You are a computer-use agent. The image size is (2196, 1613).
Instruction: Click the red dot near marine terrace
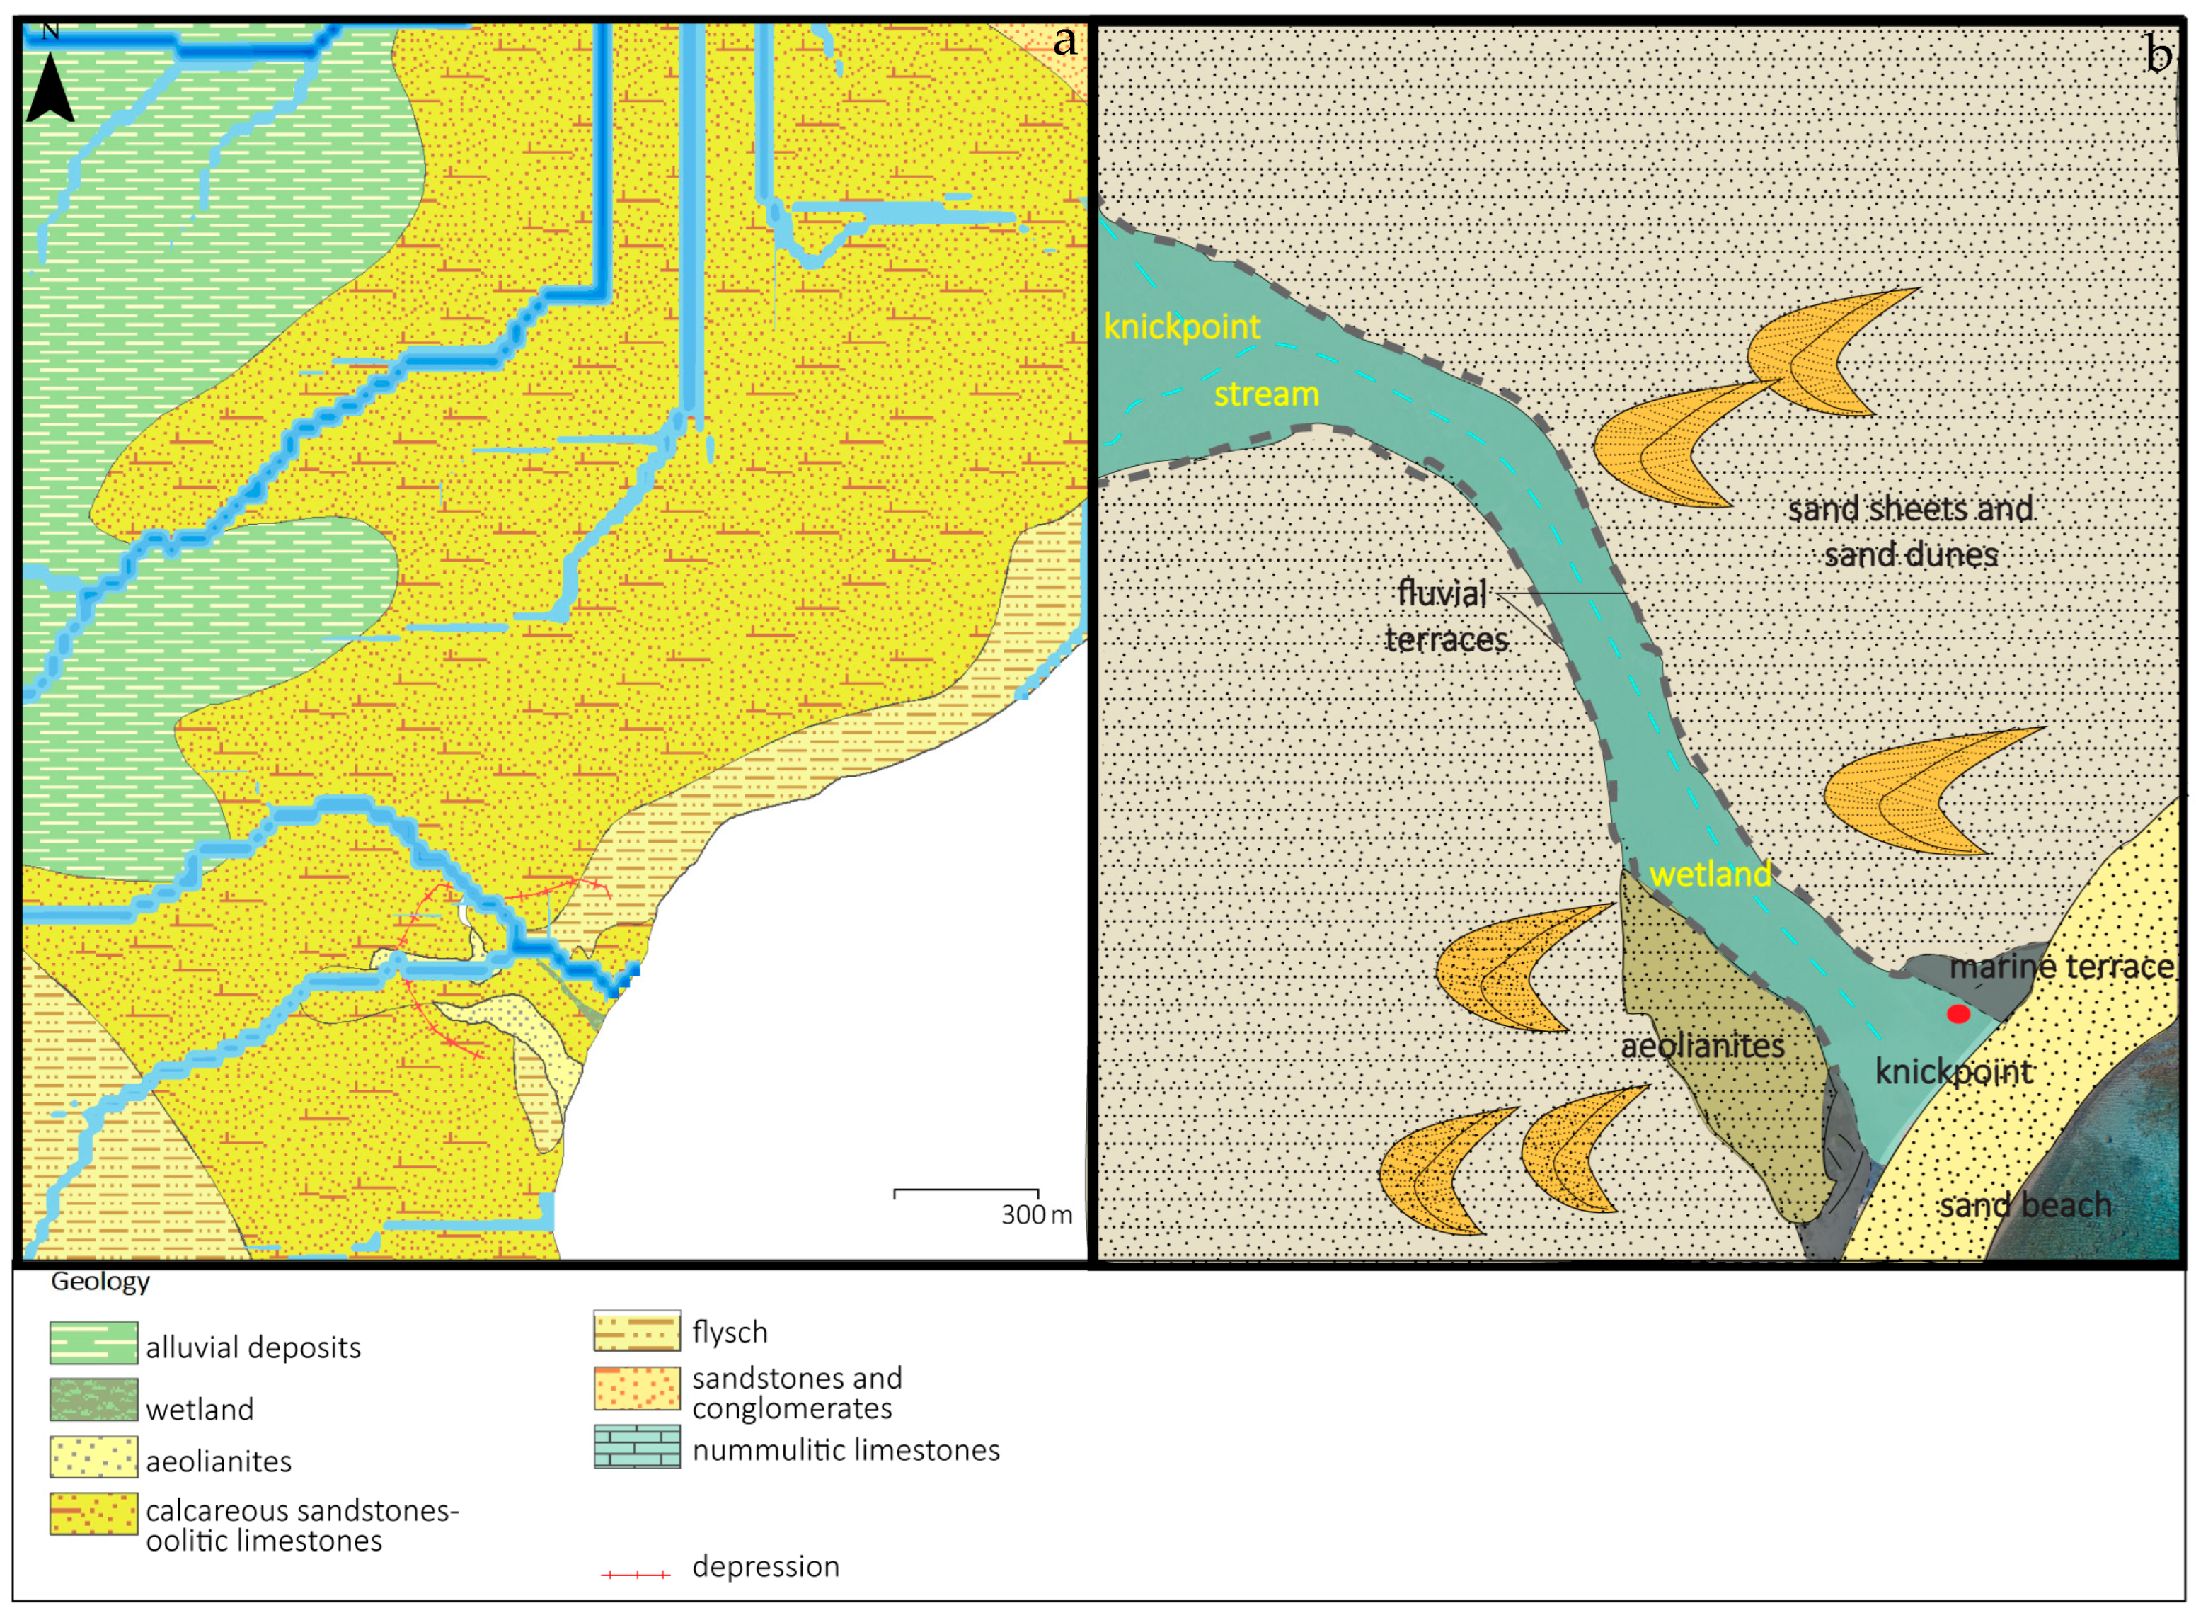point(1958,1015)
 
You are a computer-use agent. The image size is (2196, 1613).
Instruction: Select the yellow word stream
point(1266,394)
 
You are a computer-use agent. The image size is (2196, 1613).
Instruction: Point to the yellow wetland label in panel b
point(1710,874)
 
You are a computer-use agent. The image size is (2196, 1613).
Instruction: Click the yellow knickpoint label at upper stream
point(1182,326)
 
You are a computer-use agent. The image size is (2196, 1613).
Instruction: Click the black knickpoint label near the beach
point(1953,1072)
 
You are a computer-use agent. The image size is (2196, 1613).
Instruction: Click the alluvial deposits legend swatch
point(93,1343)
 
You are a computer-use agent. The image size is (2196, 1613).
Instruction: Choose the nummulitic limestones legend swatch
point(636,1447)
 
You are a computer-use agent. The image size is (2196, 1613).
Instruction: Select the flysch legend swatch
point(636,1330)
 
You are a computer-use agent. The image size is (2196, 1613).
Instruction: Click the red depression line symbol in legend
point(636,1574)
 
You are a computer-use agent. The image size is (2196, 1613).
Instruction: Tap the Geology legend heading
point(100,1282)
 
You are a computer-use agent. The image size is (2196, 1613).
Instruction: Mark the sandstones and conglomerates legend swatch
point(636,1387)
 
